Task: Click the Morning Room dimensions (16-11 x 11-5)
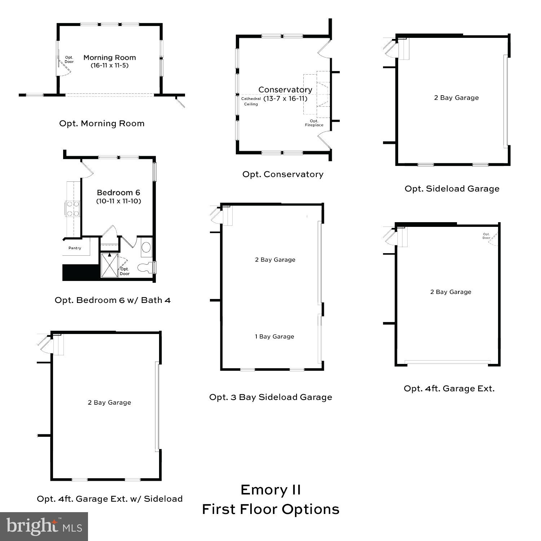tap(109, 66)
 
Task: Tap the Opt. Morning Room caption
tap(102, 123)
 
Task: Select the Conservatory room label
tap(285, 89)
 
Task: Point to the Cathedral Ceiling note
tap(251, 101)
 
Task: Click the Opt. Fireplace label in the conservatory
tap(314, 123)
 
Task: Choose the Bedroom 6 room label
tap(118, 193)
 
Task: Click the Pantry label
tap(75, 248)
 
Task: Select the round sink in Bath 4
tap(146, 247)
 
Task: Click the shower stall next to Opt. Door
tap(109, 265)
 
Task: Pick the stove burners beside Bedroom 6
tap(72, 208)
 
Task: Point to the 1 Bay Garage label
tap(274, 337)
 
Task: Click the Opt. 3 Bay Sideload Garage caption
tap(270, 397)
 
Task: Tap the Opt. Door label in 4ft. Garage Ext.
tap(487, 236)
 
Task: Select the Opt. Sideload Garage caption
tap(452, 189)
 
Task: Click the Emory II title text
tap(270, 490)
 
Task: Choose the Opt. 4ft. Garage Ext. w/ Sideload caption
tap(110, 499)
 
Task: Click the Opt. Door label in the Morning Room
tap(69, 60)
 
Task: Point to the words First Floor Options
tap(270, 509)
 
